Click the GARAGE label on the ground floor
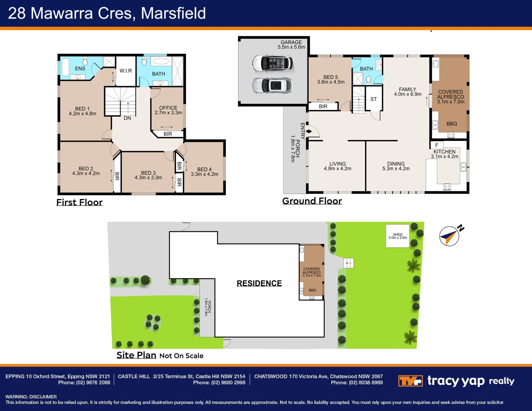[x=291, y=42]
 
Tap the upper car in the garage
[x=273, y=63]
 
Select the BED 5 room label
[x=331, y=77]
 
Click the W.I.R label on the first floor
[x=126, y=71]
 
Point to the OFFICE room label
[x=168, y=108]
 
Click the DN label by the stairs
[x=127, y=118]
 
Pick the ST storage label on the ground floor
[x=374, y=99]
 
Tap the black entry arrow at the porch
[x=309, y=132]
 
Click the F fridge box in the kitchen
[x=437, y=145]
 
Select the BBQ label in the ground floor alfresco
[x=451, y=124]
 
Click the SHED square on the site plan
[x=397, y=236]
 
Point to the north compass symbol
[x=450, y=236]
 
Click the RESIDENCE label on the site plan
[x=259, y=283]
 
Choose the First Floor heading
[x=79, y=202]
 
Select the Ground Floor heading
[x=312, y=201]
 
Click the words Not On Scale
[x=181, y=356]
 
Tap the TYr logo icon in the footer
[x=410, y=381]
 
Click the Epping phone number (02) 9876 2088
[x=93, y=382]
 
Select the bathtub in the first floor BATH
[x=161, y=61]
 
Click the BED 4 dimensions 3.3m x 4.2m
[x=204, y=174]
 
